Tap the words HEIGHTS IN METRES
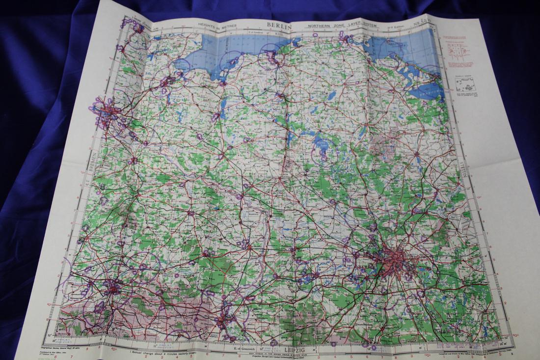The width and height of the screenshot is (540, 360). click(x=217, y=25)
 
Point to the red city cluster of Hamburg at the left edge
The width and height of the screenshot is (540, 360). click(x=106, y=112)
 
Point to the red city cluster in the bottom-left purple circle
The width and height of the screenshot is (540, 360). click(x=112, y=288)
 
